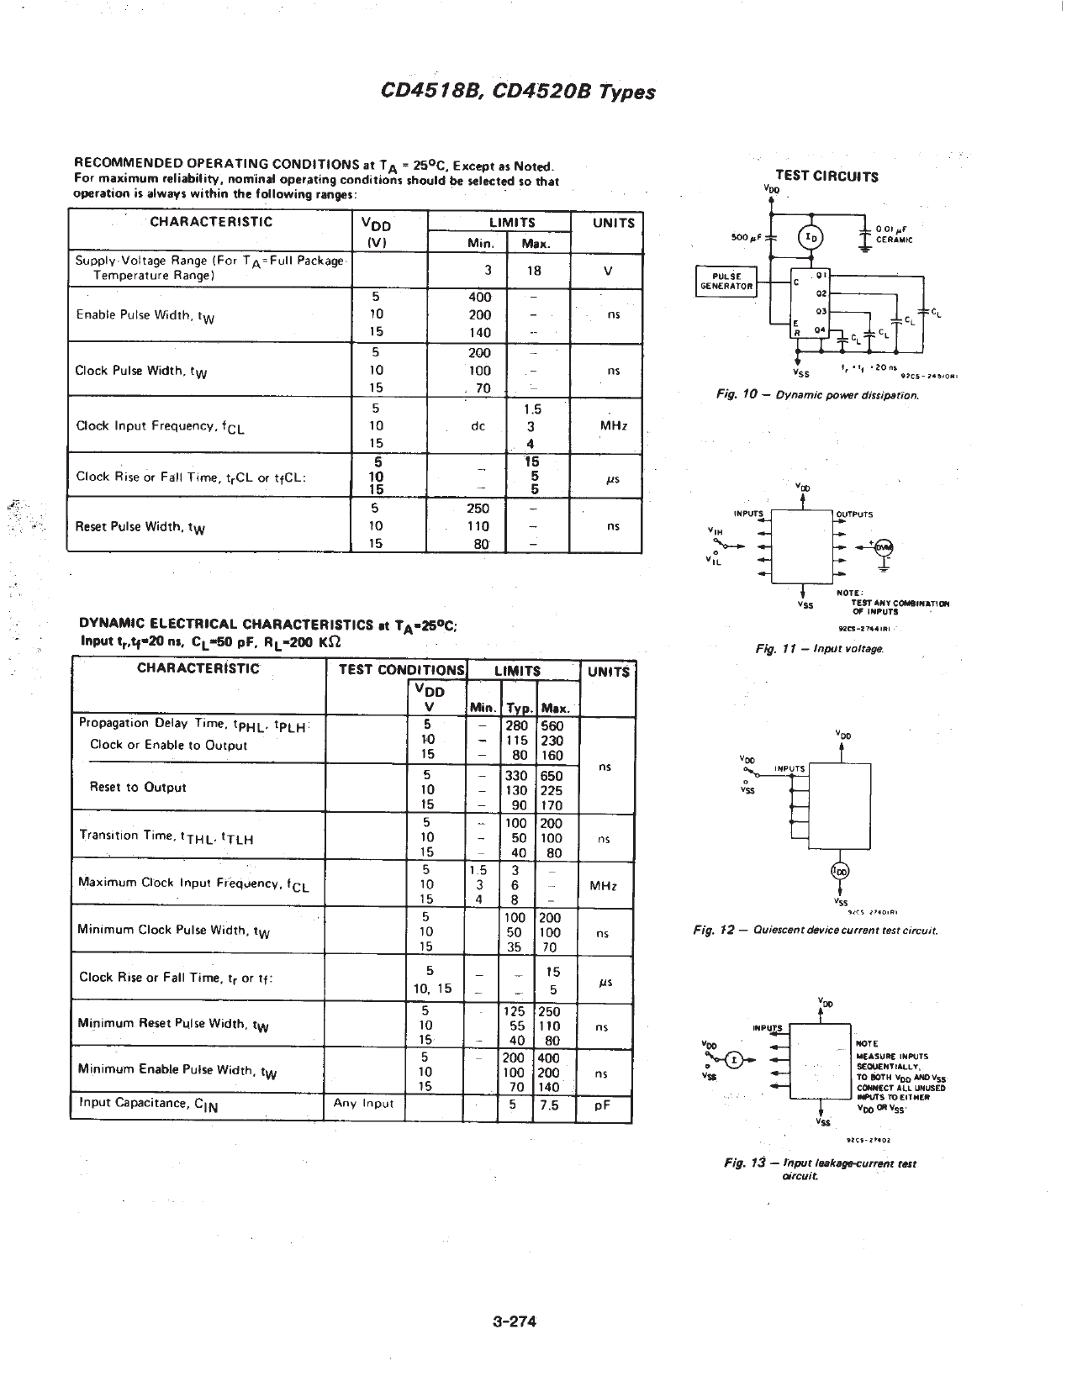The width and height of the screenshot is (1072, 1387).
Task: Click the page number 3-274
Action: pos(515,1321)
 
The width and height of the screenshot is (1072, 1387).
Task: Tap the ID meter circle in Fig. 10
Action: pos(811,238)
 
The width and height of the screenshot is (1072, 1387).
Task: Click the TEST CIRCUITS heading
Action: pos(826,176)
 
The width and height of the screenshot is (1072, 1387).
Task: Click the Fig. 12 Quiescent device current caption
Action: pos(815,931)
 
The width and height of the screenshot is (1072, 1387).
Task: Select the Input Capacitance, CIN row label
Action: pos(149,1105)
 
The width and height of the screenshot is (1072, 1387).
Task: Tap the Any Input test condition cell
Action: pos(363,1104)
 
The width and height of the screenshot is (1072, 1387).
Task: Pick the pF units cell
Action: pos(602,1106)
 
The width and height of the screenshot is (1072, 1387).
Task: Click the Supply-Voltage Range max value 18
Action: pos(533,271)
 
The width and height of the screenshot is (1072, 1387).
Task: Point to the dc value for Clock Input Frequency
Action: pos(478,426)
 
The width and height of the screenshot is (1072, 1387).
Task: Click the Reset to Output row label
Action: pos(138,788)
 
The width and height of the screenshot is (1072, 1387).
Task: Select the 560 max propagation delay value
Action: pos(552,726)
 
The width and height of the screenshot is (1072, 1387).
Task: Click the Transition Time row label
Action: pos(166,836)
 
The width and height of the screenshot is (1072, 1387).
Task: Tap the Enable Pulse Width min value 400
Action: pos(479,297)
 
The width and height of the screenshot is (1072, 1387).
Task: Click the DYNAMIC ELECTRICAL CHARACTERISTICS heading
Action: pos(267,624)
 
